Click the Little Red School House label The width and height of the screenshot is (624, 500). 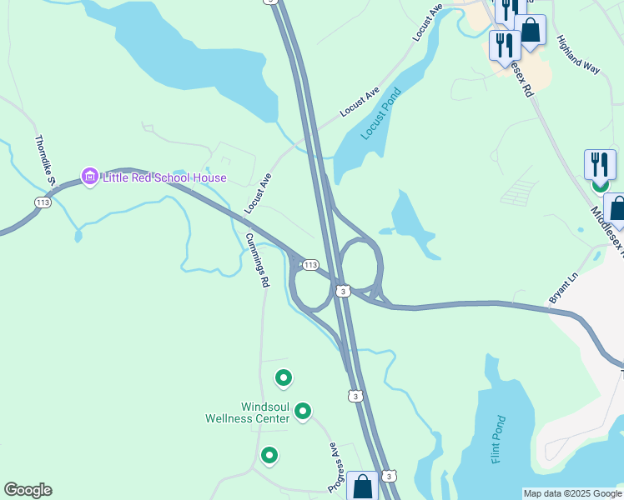pyautogui.click(x=164, y=177)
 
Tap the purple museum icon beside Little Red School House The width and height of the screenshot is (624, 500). pyautogui.click(x=89, y=177)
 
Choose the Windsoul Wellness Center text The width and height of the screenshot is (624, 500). pyautogui.click(x=248, y=412)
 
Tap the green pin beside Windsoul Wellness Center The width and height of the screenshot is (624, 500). pyautogui.click(x=303, y=410)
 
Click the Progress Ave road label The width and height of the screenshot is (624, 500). pyautogui.click(x=335, y=466)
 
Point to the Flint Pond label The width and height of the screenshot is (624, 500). pyautogui.click(x=498, y=439)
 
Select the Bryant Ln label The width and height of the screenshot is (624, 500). pyautogui.click(x=563, y=287)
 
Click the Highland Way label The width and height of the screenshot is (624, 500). pyautogui.click(x=578, y=55)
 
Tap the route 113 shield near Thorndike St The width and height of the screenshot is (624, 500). pyautogui.click(x=43, y=202)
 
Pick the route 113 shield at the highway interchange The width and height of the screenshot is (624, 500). pyautogui.click(x=309, y=264)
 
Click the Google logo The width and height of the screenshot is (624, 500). pyautogui.click(x=28, y=490)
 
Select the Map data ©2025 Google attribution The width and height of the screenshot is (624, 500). pyautogui.click(x=572, y=493)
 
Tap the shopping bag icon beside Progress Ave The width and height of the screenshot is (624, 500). pyautogui.click(x=363, y=487)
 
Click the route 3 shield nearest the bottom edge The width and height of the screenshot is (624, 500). pyautogui.click(x=389, y=476)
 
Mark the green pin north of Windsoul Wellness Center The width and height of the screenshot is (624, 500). pyautogui.click(x=284, y=378)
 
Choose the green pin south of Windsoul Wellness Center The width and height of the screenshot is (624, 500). pyautogui.click(x=269, y=455)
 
